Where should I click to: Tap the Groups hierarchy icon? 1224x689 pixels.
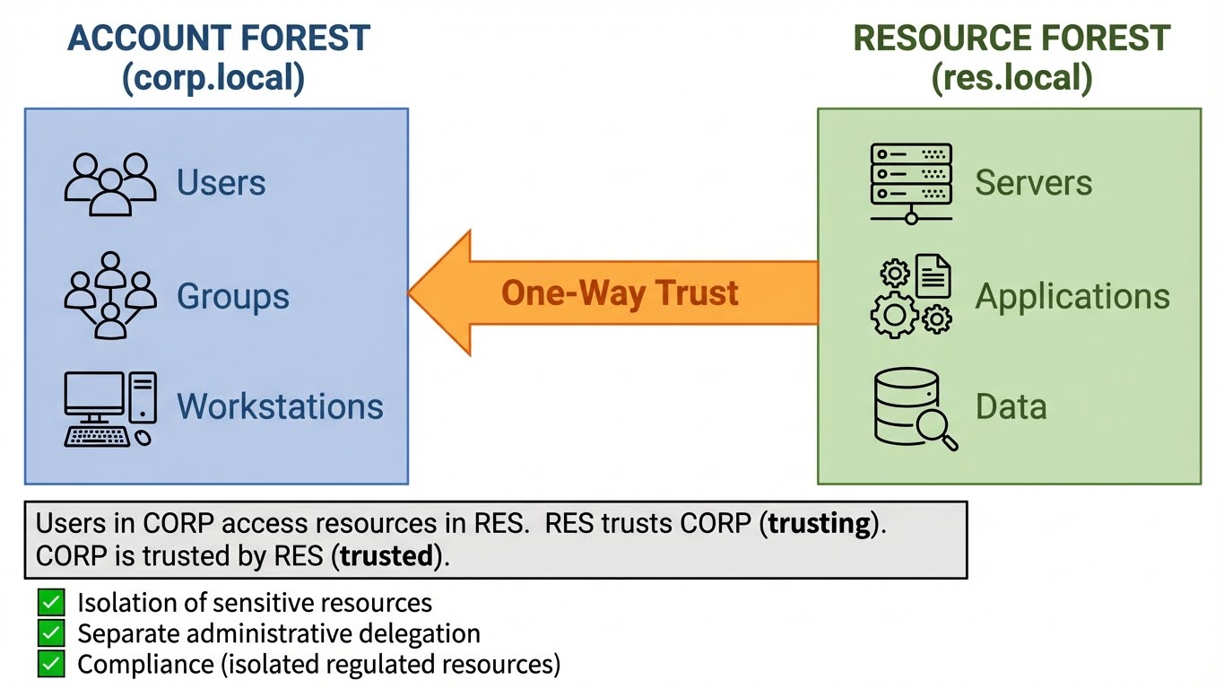click(x=109, y=296)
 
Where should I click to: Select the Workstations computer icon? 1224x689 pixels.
click(x=109, y=409)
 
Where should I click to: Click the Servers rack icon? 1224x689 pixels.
click(x=911, y=183)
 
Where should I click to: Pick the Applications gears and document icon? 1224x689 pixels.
click(x=911, y=296)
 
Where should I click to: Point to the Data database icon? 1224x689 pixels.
click(x=914, y=409)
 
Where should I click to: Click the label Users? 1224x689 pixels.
click(x=221, y=183)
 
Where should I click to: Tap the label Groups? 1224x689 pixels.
click(x=233, y=296)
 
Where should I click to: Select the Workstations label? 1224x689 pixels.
click(x=280, y=406)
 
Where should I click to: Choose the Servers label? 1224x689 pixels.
click(x=1033, y=183)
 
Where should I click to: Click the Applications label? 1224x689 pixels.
click(x=1072, y=296)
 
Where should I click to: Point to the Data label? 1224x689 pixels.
click(x=1011, y=406)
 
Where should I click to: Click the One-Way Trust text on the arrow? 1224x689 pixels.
click(x=620, y=293)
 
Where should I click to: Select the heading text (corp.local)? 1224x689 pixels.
click(x=213, y=78)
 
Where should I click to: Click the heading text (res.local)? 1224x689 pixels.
click(x=1011, y=78)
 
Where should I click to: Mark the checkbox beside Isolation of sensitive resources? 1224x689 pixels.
click(x=51, y=602)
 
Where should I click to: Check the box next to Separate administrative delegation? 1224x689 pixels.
click(x=51, y=633)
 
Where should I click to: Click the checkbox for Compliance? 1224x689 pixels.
click(x=51, y=664)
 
